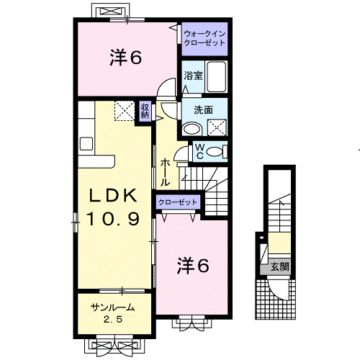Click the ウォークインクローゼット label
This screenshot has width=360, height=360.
(203, 38)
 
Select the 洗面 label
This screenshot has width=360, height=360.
(203, 110)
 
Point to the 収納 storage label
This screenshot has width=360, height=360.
(145, 111)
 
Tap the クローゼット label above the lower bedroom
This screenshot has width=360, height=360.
(176, 203)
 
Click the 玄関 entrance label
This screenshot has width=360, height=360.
(279, 267)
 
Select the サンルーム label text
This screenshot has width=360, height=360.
(111, 308)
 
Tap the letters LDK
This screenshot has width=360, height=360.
(113, 195)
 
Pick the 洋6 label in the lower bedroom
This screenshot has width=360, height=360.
(193, 266)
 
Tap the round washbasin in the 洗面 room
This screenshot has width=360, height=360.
(192, 129)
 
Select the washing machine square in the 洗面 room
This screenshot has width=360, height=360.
(217, 127)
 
